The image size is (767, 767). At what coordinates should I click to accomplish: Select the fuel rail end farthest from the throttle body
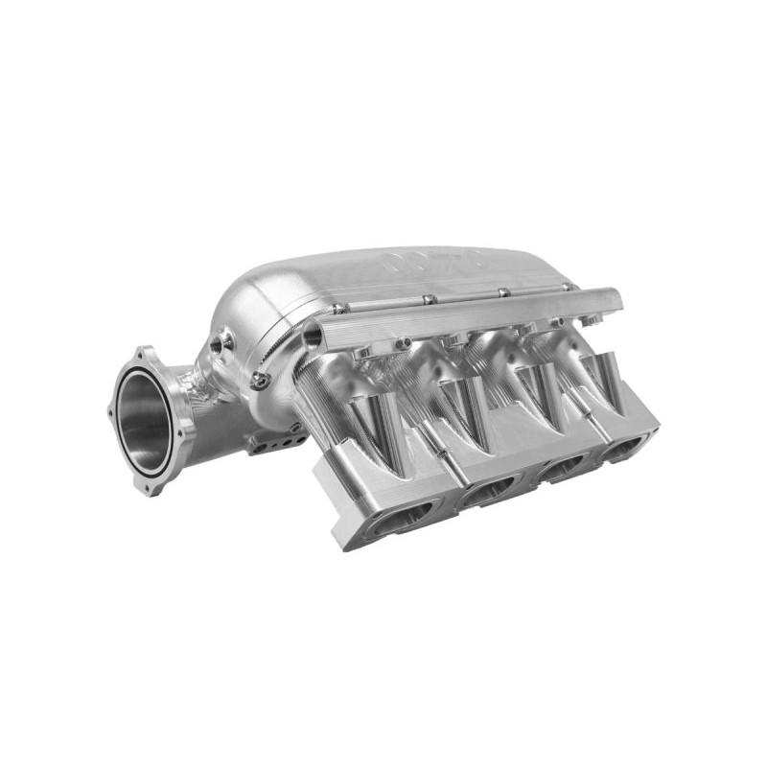point(614,303)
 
